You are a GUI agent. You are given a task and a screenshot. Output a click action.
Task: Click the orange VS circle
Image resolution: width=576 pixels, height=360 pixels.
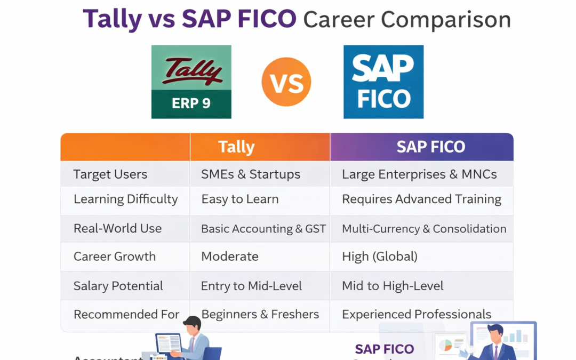coord(286,82)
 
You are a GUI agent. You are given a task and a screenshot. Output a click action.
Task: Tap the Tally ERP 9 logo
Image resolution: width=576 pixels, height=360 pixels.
coord(191,82)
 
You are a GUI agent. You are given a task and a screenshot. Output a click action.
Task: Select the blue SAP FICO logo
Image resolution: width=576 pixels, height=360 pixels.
coord(383,82)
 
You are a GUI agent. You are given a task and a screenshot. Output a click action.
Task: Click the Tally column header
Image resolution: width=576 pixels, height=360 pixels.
coord(236,147)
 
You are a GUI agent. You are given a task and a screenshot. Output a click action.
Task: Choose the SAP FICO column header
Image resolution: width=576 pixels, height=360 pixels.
coord(430,147)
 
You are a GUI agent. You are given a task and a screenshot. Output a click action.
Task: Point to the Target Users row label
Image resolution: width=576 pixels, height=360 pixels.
coord(110,174)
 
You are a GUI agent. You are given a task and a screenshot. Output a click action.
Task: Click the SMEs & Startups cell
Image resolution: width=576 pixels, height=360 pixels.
coord(251,174)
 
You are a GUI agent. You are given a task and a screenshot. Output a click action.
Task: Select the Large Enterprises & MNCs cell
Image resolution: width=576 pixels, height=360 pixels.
coord(419,174)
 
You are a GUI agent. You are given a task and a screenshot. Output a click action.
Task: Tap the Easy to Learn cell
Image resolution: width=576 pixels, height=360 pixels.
coord(240,199)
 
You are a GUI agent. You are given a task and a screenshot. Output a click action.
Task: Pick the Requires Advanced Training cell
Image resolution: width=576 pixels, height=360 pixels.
coord(421,199)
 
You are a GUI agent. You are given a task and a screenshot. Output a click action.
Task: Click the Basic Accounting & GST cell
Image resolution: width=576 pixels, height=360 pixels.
coord(263,229)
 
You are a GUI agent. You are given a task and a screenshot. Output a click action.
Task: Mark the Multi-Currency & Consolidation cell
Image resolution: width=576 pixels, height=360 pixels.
coord(424,229)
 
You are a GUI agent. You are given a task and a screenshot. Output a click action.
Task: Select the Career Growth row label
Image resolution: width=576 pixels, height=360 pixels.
coord(115,257)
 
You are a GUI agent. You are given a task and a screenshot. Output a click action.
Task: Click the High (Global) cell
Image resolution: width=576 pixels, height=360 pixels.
coord(380,257)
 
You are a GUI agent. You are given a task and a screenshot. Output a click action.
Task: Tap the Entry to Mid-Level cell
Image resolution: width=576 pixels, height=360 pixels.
coord(251,286)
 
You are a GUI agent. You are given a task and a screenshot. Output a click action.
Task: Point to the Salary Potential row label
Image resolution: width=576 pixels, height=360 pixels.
coord(118,286)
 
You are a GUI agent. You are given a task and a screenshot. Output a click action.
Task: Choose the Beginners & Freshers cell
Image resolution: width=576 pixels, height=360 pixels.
coord(260,315)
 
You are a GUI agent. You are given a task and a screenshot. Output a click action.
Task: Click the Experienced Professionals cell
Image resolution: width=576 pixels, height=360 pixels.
coord(417,315)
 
